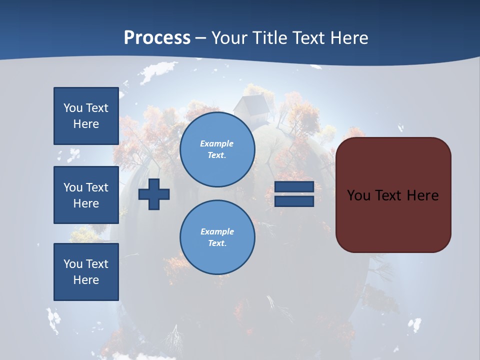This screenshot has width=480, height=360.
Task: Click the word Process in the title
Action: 157,38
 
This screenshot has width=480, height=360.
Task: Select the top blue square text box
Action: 86,116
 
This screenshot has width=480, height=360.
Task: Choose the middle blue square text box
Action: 86,195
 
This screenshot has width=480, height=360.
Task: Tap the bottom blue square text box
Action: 86,272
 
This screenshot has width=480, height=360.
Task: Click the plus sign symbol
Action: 154,194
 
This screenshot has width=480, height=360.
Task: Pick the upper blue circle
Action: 217,149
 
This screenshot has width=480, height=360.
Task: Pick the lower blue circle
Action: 217,237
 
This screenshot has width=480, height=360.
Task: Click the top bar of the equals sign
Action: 294,187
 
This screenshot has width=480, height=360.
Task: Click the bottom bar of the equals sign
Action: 294,201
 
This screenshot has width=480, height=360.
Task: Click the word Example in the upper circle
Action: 217,143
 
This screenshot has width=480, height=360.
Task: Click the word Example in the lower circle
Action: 217,231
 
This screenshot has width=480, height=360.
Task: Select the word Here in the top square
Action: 86,124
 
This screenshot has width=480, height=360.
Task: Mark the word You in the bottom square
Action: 72,264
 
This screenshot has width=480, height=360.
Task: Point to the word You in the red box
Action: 358,195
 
